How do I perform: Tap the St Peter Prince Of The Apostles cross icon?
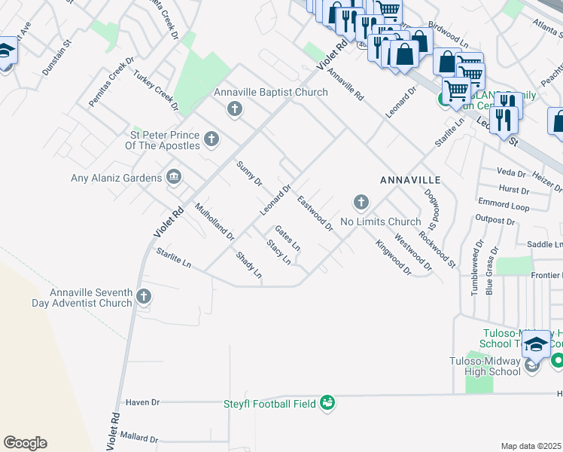tap(212, 139)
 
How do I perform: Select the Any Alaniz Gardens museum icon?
tap(174, 177)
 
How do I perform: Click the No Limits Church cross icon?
tap(361, 202)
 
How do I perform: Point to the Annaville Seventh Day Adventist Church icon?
tap(143, 298)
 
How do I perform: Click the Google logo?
tap(25, 443)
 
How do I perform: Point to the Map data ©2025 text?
tap(531, 446)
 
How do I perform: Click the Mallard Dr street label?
tap(137, 436)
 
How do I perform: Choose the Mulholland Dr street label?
tap(215, 221)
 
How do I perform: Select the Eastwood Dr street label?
tap(315, 214)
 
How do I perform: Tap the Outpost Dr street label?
tap(495, 221)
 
